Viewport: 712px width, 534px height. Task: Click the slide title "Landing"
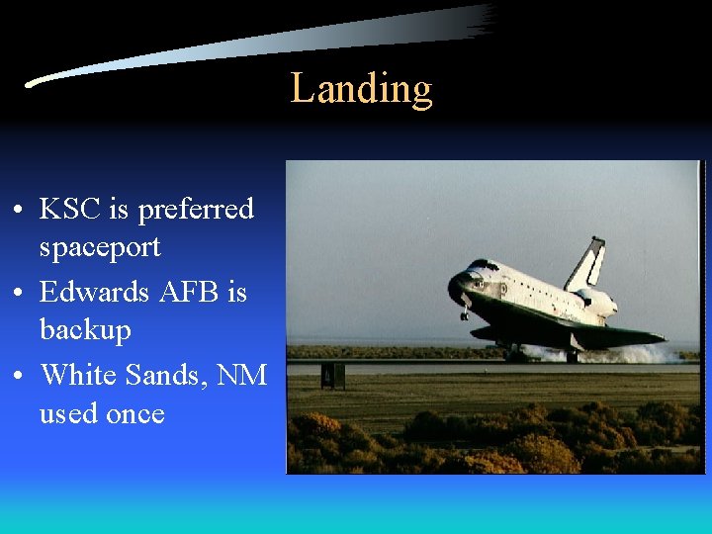pos(361,89)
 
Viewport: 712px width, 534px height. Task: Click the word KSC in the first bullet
pos(71,210)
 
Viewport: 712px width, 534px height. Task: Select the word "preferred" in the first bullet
pos(196,211)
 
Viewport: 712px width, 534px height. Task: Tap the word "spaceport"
pos(99,248)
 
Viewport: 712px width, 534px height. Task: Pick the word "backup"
pos(85,329)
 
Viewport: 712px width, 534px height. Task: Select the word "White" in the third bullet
pos(81,376)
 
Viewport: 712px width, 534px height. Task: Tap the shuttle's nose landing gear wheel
pos(464,314)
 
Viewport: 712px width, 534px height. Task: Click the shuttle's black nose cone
pos(456,288)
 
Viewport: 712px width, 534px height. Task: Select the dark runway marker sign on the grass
pos(333,376)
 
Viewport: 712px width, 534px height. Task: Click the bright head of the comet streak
pos(36,83)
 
